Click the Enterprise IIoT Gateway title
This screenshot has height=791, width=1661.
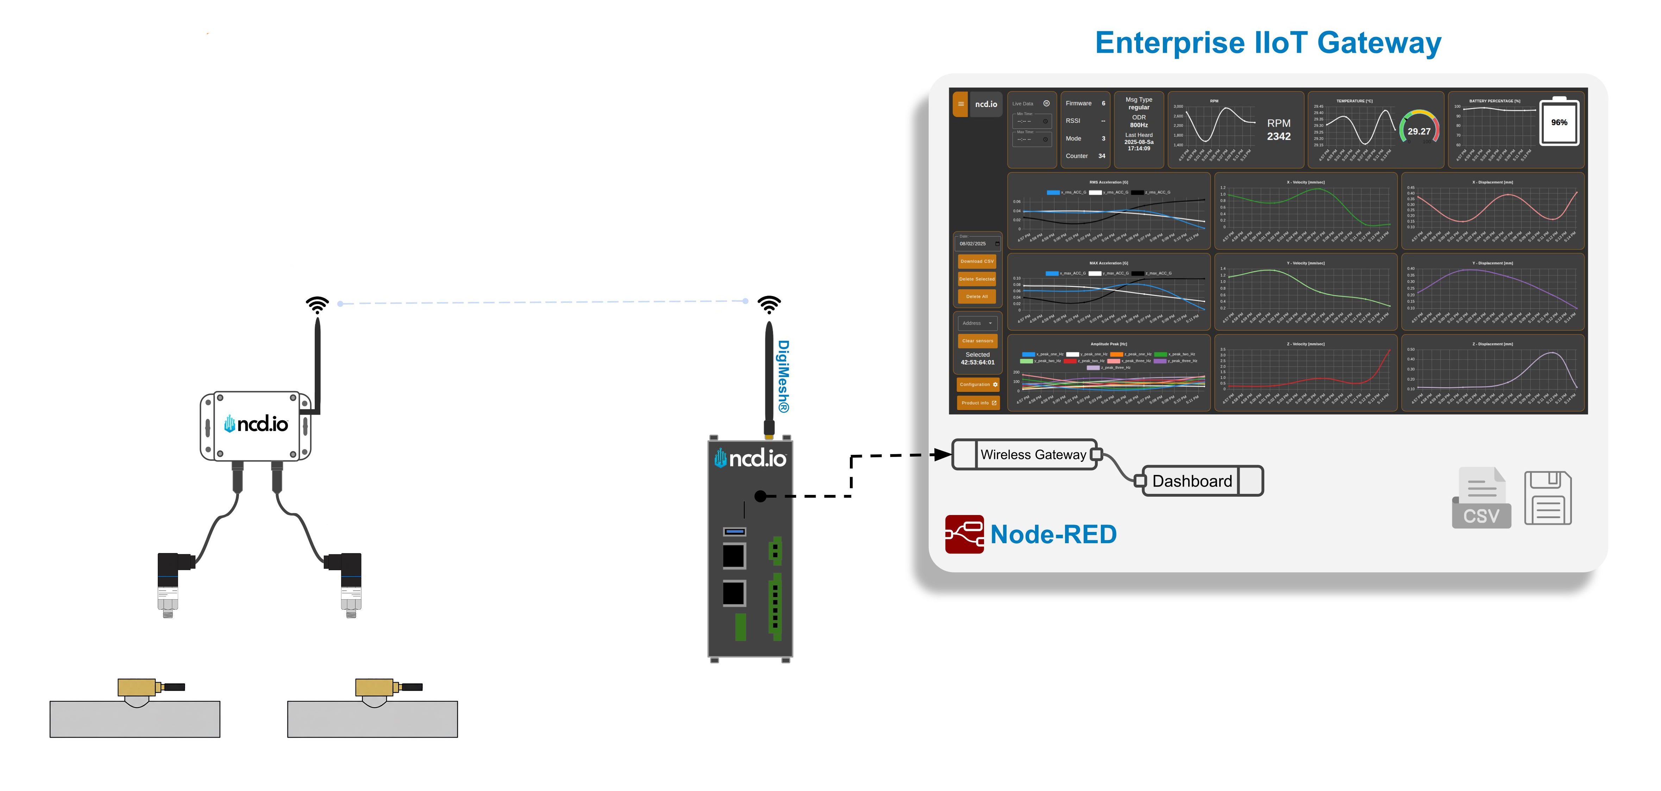[1268, 43]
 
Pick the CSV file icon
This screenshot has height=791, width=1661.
[1481, 498]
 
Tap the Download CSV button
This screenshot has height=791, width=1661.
[977, 261]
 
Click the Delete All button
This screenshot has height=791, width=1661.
[977, 296]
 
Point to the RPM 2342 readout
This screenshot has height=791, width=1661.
[1279, 130]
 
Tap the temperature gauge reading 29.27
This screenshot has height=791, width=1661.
[1418, 129]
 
